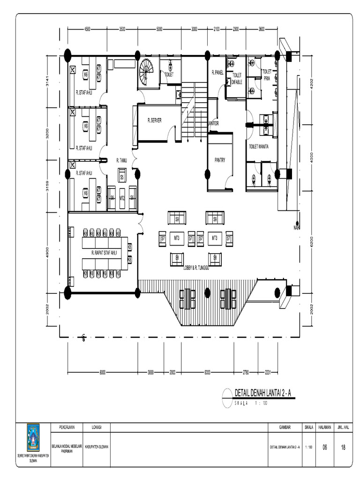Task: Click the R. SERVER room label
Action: (x=154, y=120)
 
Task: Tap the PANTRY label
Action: (x=220, y=160)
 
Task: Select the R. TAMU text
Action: (x=122, y=160)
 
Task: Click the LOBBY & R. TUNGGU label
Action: (x=195, y=268)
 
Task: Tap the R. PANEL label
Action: (x=217, y=72)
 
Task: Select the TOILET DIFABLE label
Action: (x=237, y=78)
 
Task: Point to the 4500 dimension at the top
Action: (x=88, y=29)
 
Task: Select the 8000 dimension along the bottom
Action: (x=102, y=373)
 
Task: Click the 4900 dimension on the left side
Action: (x=47, y=253)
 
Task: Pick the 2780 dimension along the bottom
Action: (x=246, y=373)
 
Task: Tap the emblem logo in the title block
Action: (x=34, y=437)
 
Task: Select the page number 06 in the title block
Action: (x=324, y=447)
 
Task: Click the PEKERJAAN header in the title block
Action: (x=67, y=427)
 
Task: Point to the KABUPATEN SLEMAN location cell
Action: (x=97, y=447)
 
